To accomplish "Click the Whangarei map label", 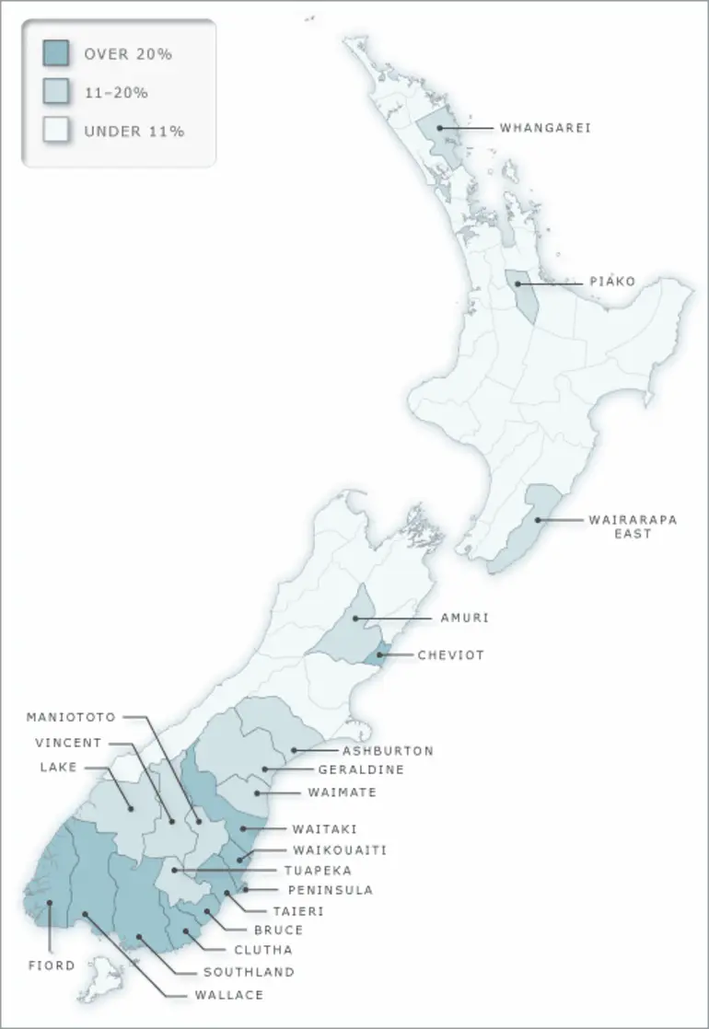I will [x=545, y=128].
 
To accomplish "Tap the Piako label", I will [x=612, y=282].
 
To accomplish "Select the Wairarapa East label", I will [x=633, y=526].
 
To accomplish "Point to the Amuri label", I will [x=463, y=619].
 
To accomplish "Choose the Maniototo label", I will [x=72, y=717].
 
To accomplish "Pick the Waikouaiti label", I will [x=340, y=850].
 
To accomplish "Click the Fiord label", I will [x=50, y=965].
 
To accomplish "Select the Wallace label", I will [x=229, y=995].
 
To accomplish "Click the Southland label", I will [x=249, y=972].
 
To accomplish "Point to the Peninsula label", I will [x=331, y=891].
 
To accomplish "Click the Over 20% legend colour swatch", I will [x=56, y=54].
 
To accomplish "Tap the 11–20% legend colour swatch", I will [x=56, y=92].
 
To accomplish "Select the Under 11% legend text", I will [x=134, y=131].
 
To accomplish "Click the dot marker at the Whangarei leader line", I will [x=440, y=128].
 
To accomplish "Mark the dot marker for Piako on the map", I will [x=518, y=283].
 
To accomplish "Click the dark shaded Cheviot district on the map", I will [x=376, y=654].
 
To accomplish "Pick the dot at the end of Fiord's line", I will [x=52, y=903].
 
